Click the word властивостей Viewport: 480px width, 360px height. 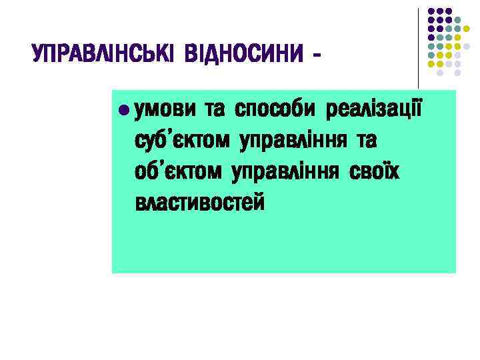coord(199,202)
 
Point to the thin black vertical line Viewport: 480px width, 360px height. coord(419,47)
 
